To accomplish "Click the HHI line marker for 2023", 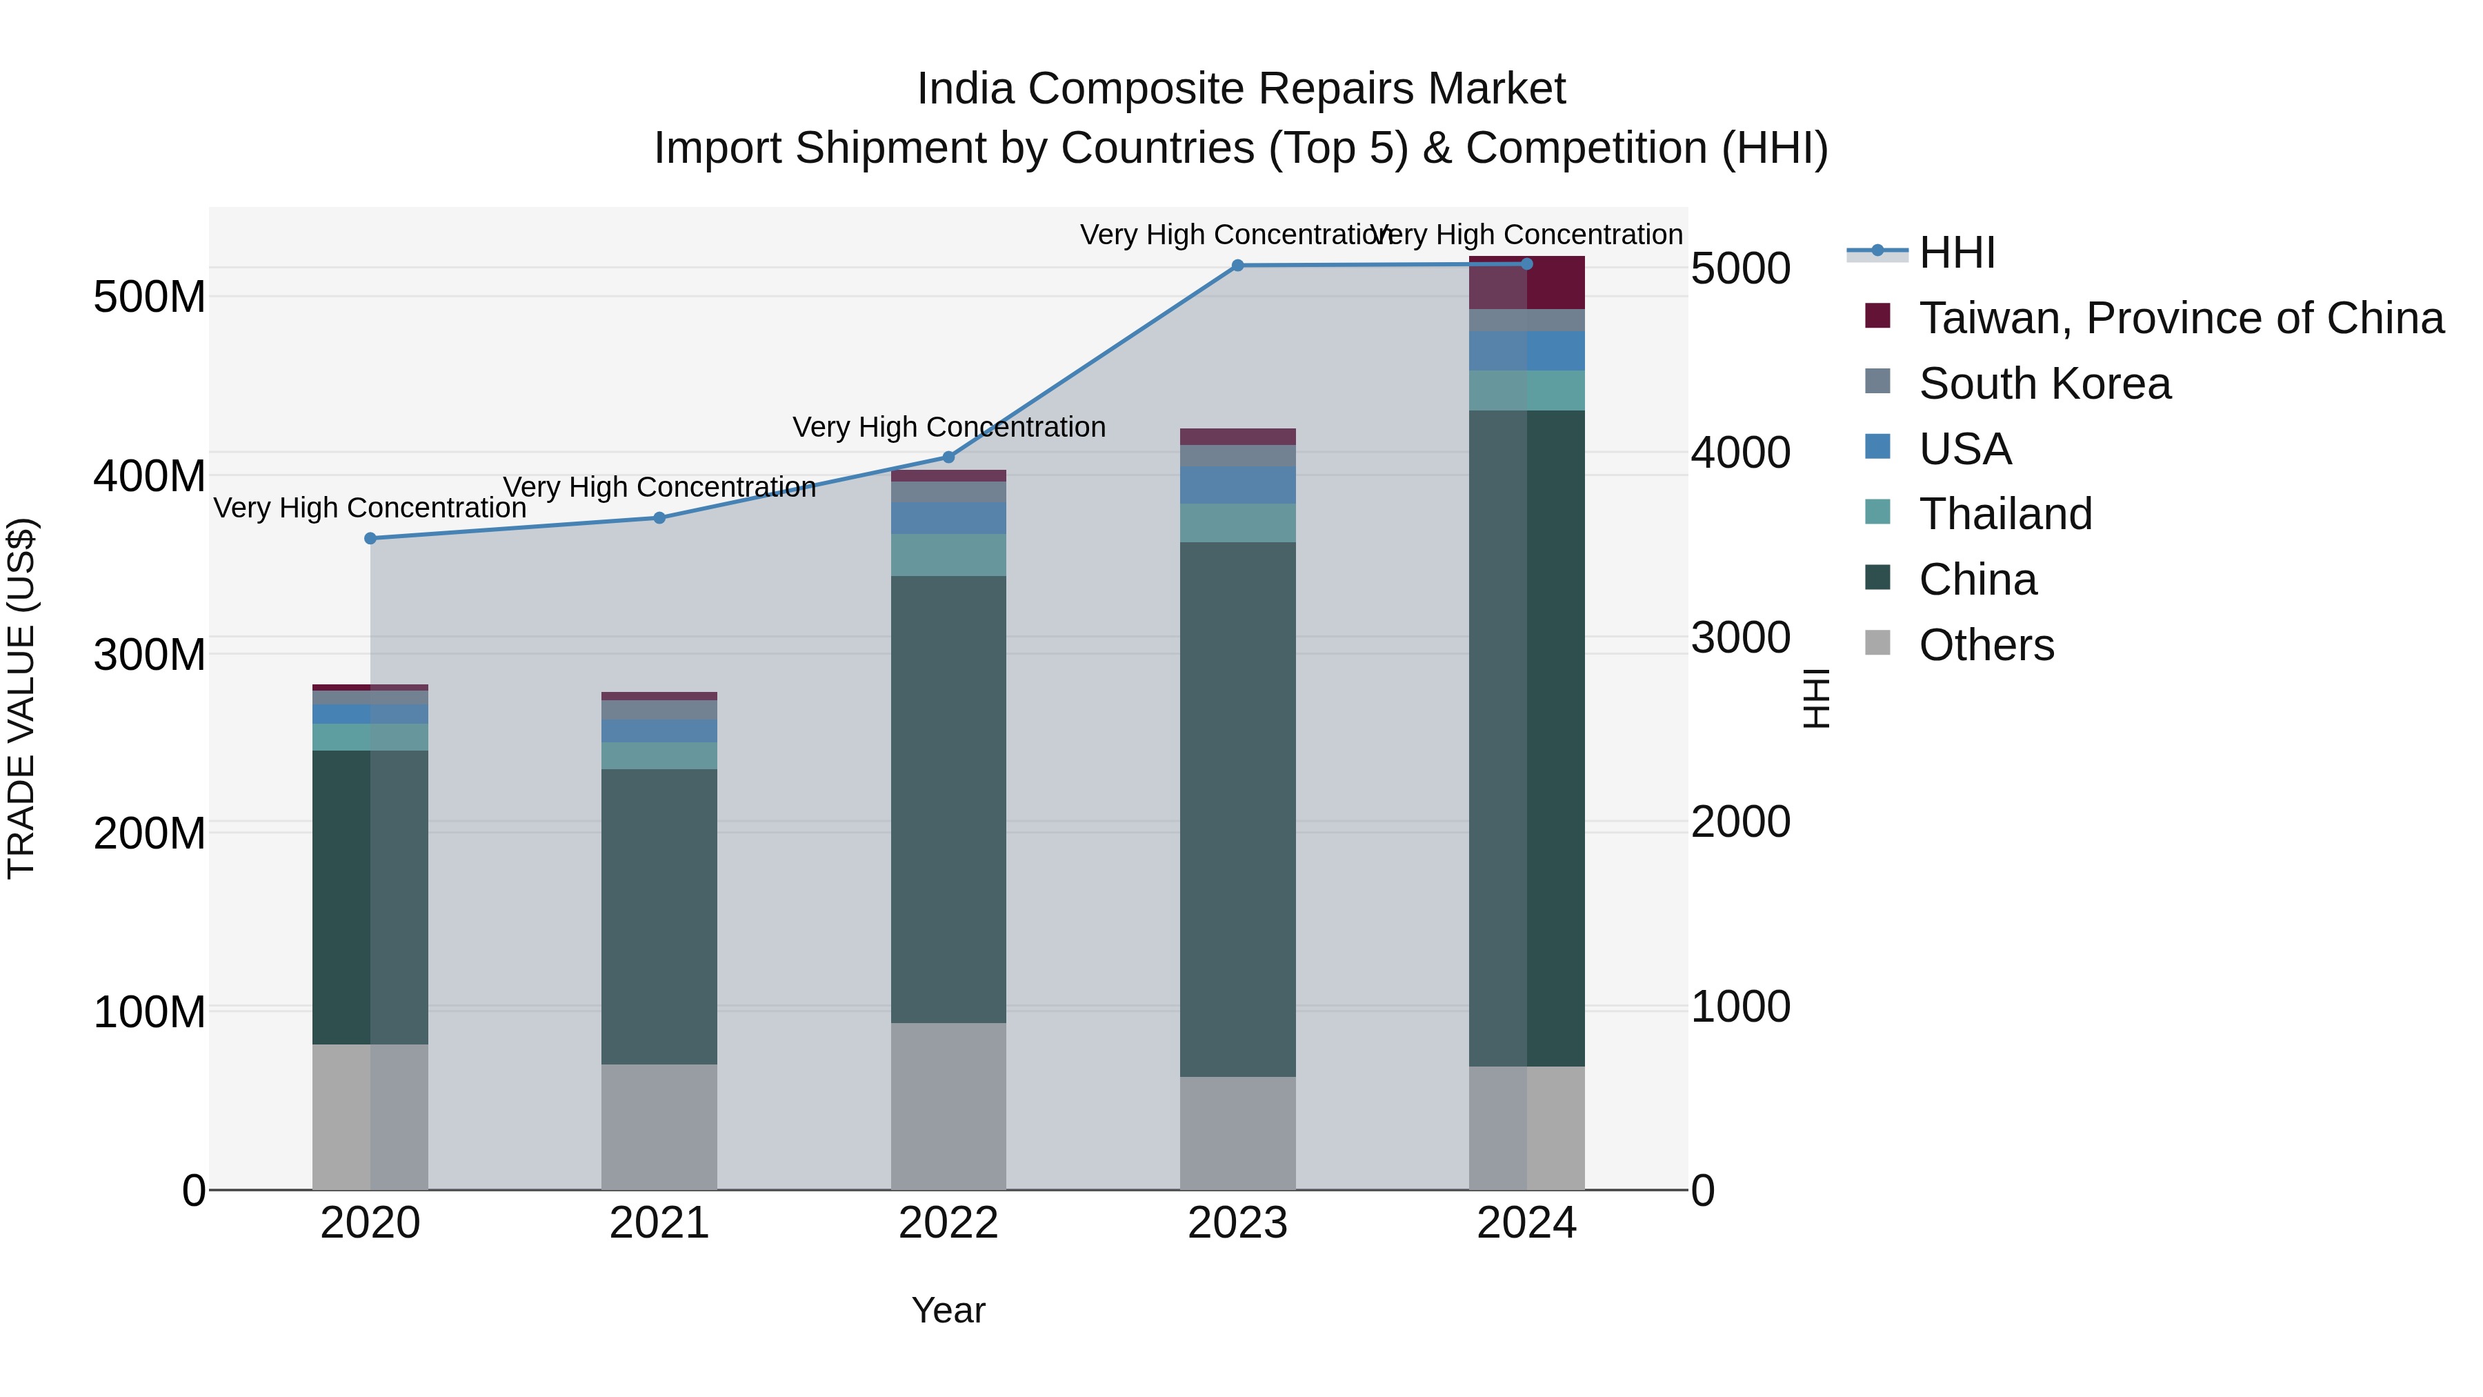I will [x=1237, y=265].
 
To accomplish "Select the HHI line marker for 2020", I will [x=370, y=538].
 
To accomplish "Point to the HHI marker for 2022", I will [x=948, y=457].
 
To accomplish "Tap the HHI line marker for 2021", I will [x=659, y=517].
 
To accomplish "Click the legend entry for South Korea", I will [x=2044, y=384].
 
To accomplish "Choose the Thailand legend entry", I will [x=2005, y=514].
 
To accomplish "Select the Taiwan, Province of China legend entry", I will [x=2180, y=318].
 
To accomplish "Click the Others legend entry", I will [x=1986, y=645].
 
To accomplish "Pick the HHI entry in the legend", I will [x=1956, y=252].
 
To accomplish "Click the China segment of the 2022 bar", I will [x=948, y=800].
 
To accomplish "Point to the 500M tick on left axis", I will [x=150, y=297].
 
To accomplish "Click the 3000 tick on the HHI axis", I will [x=1741, y=637].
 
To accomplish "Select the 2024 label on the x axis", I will [x=1527, y=1223].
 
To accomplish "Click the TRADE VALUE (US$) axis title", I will [x=21, y=698].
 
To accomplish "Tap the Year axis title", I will [x=948, y=1310].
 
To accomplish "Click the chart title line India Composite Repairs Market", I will [x=1241, y=89].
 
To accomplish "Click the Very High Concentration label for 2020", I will [x=370, y=507].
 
